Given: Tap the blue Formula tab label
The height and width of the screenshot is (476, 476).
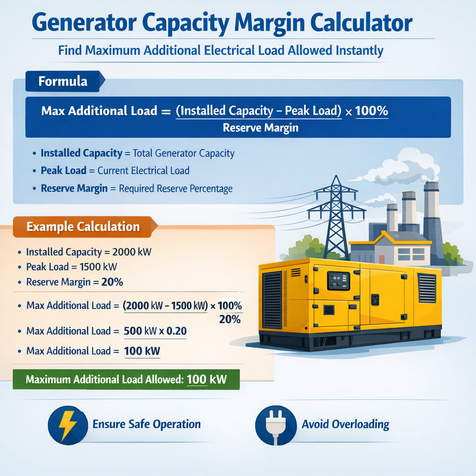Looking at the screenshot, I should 63,81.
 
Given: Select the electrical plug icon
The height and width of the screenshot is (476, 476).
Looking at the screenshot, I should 276,424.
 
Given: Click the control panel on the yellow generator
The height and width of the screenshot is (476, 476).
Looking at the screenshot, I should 338,281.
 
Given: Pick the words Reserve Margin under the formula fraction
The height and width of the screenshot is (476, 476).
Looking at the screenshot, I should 260,127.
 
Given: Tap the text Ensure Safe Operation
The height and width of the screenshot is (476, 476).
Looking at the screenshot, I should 146,424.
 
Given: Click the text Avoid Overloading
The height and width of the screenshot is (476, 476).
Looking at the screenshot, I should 345,424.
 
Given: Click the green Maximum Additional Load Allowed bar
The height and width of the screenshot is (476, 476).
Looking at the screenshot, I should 126,379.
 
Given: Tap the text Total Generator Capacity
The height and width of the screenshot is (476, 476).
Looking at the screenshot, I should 184,153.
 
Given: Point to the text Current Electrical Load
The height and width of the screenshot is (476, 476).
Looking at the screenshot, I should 143,171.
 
